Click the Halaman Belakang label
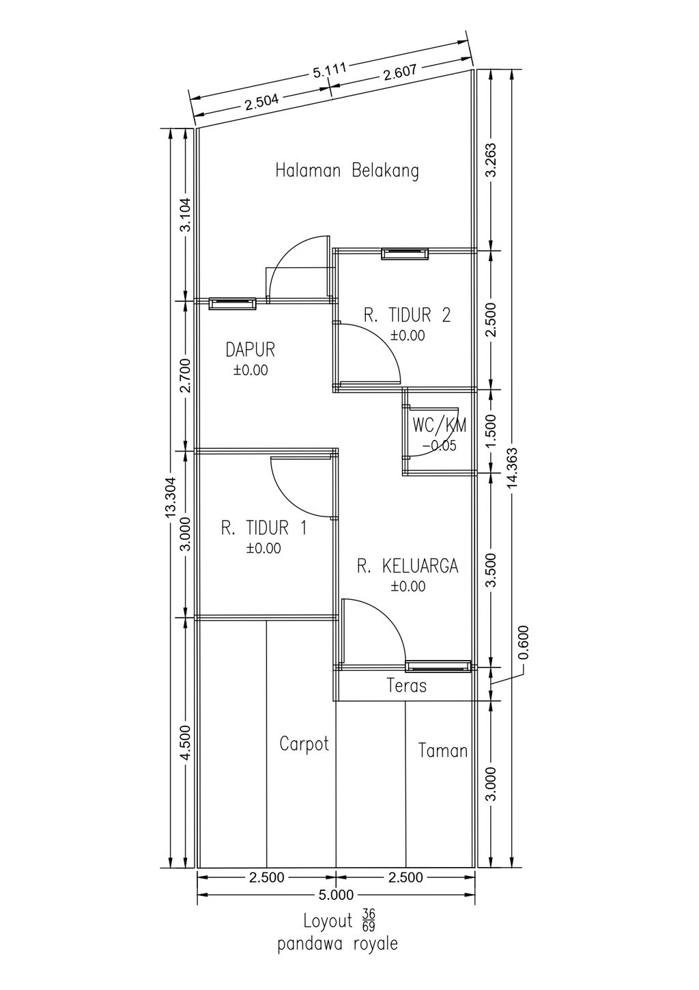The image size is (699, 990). (347, 171)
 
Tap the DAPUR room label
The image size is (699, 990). (250, 349)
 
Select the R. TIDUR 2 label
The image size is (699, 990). (407, 316)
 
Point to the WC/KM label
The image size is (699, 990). (440, 426)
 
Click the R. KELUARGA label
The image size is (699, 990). (407, 566)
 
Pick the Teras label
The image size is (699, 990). (407, 686)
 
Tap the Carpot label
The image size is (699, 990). (304, 744)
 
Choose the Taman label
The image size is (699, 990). (442, 751)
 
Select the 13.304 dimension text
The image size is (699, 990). (171, 497)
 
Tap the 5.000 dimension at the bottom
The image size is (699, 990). (336, 894)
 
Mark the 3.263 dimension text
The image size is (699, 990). (491, 160)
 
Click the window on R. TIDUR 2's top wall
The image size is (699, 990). (405, 253)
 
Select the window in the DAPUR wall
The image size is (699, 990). (232, 303)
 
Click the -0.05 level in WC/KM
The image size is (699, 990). (439, 446)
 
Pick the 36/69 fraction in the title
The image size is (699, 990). (368, 920)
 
